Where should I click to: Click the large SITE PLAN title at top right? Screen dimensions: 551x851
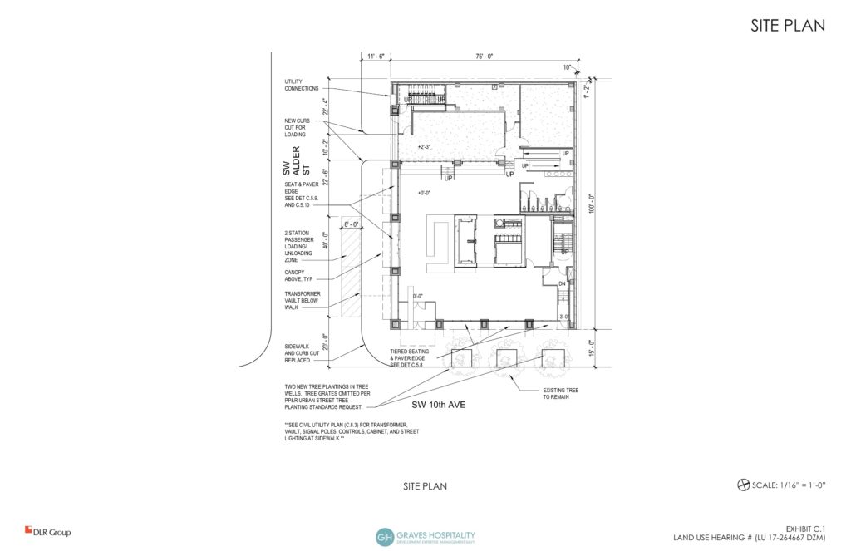[x=788, y=26]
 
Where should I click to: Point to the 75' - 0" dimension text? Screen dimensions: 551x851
[x=484, y=57]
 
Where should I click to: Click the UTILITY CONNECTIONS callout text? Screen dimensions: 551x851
[x=301, y=85]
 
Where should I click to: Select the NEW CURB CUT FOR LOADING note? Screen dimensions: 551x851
[x=297, y=127]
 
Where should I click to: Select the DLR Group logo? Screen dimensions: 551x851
[x=47, y=532]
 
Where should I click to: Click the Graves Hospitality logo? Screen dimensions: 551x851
[x=425, y=536]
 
